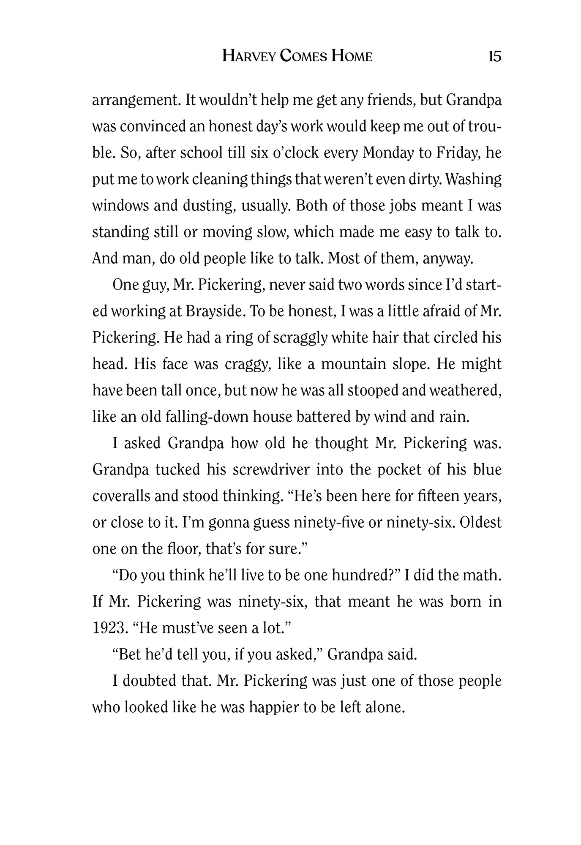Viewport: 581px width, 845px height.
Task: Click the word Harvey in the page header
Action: pos(249,56)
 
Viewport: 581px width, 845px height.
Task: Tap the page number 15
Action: pos(494,56)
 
